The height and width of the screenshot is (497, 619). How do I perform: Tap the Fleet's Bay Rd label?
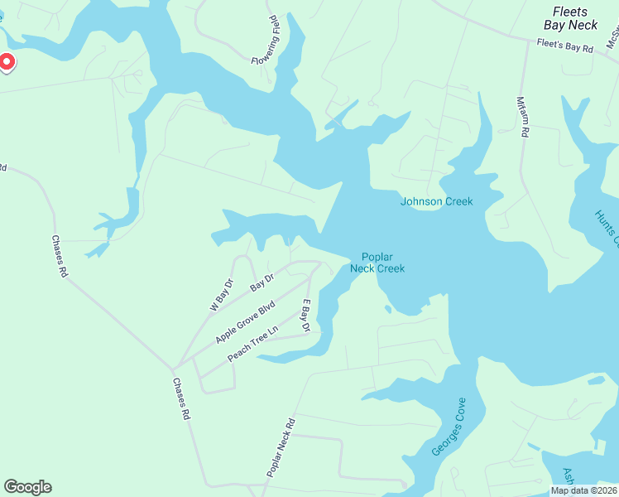[x=565, y=46]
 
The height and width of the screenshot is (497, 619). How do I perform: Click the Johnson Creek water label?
[x=436, y=201]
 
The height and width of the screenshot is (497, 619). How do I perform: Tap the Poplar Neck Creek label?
[x=377, y=263]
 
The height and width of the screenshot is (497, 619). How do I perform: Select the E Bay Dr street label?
[x=305, y=316]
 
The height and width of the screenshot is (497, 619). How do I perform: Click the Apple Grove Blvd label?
[x=244, y=323]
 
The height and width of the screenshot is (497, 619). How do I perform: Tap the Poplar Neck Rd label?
[x=280, y=447]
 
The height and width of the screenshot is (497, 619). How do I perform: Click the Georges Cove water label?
[x=449, y=427]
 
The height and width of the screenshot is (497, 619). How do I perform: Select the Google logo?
[x=27, y=487]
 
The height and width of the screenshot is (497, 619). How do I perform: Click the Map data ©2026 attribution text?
[x=583, y=490]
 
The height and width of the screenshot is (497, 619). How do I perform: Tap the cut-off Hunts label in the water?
[x=606, y=228]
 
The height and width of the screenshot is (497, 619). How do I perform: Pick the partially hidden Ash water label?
[x=569, y=478]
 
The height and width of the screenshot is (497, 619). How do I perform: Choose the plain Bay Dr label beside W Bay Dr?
[x=262, y=282]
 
